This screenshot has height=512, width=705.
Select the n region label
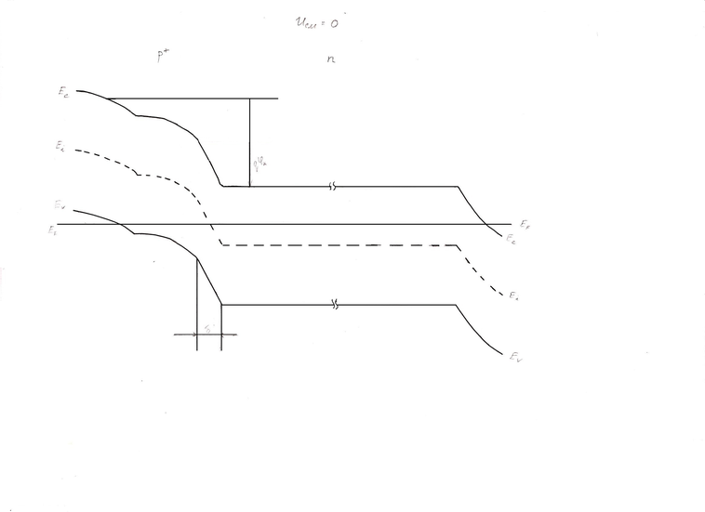[x=331, y=59]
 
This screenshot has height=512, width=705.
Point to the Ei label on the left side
[x=60, y=146]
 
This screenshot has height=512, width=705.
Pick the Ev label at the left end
[x=60, y=206]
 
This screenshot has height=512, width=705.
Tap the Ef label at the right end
[x=525, y=224]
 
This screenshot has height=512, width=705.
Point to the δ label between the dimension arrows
[x=209, y=328]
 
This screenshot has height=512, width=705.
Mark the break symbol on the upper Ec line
[x=332, y=187]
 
